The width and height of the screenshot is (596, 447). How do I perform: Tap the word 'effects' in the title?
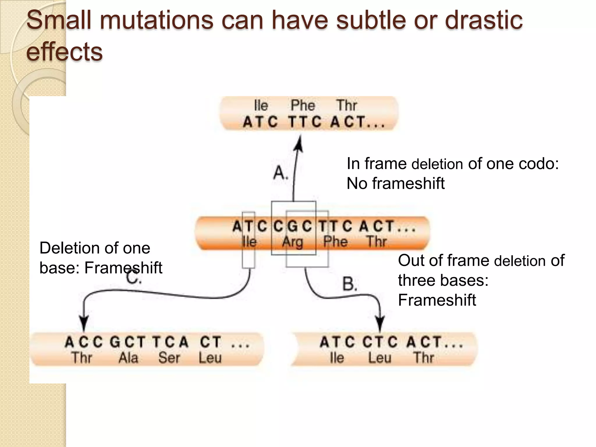(64, 52)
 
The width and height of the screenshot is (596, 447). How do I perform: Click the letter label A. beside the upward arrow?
(281, 173)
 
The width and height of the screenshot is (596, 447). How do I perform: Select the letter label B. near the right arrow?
(350, 284)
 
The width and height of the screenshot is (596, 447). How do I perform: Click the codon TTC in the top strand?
(305, 122)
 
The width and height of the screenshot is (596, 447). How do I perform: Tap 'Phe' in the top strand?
(303, 105)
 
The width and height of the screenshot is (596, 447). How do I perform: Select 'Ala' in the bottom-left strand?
(128, 358)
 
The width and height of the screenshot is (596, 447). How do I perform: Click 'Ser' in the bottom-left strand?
(169, 358)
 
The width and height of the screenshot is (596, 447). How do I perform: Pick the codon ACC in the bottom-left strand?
(84, 342)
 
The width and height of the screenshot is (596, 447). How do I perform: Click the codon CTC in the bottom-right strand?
(380, 342)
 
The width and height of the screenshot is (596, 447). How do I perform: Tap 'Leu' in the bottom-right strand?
(379, 358)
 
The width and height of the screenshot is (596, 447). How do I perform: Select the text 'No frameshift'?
(395, 184)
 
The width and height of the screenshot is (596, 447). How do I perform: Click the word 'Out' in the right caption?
(410, 260)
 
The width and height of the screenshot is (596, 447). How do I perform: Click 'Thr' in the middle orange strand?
(376, 242)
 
